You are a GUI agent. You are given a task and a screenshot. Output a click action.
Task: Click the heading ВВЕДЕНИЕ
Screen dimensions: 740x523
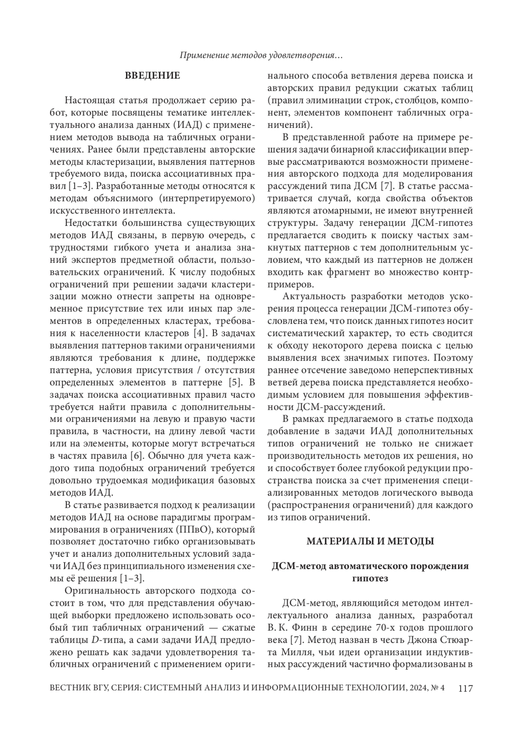pos(153,76)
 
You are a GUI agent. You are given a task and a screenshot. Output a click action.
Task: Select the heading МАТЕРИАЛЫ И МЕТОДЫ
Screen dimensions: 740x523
pos(370,542)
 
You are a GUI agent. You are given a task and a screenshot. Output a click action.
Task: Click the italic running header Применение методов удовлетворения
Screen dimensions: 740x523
pos(261,56)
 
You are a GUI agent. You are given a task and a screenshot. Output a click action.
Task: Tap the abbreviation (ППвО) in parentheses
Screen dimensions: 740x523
pos(195,530)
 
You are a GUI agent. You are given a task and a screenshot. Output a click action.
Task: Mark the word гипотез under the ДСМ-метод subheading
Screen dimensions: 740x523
pos(370,578)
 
